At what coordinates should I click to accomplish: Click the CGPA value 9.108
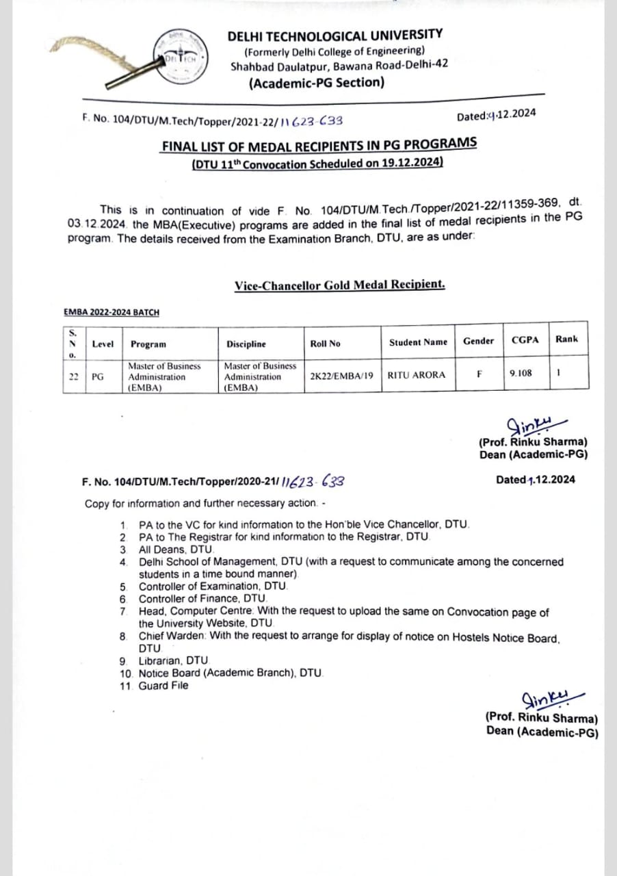(521, 374)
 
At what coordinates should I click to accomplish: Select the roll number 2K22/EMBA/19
(341, 375)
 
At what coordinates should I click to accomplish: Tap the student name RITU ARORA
(416, 375)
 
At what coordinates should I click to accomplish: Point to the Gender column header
(478, 341)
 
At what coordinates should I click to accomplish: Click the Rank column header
(566, 339)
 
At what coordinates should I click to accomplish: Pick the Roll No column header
(325, 344)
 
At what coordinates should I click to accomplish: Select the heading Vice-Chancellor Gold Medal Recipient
(339, 285)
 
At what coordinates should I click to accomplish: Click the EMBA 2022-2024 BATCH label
(111, 312)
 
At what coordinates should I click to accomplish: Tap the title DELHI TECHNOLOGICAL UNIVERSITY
(334, 35)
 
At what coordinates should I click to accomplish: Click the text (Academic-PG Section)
(317, 83)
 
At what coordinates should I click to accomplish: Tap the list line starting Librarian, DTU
(172, 660)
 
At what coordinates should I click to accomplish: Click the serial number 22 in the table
(74, 376)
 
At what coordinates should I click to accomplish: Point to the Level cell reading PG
(98, 376)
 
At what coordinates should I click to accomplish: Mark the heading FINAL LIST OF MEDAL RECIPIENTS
(319, 144)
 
